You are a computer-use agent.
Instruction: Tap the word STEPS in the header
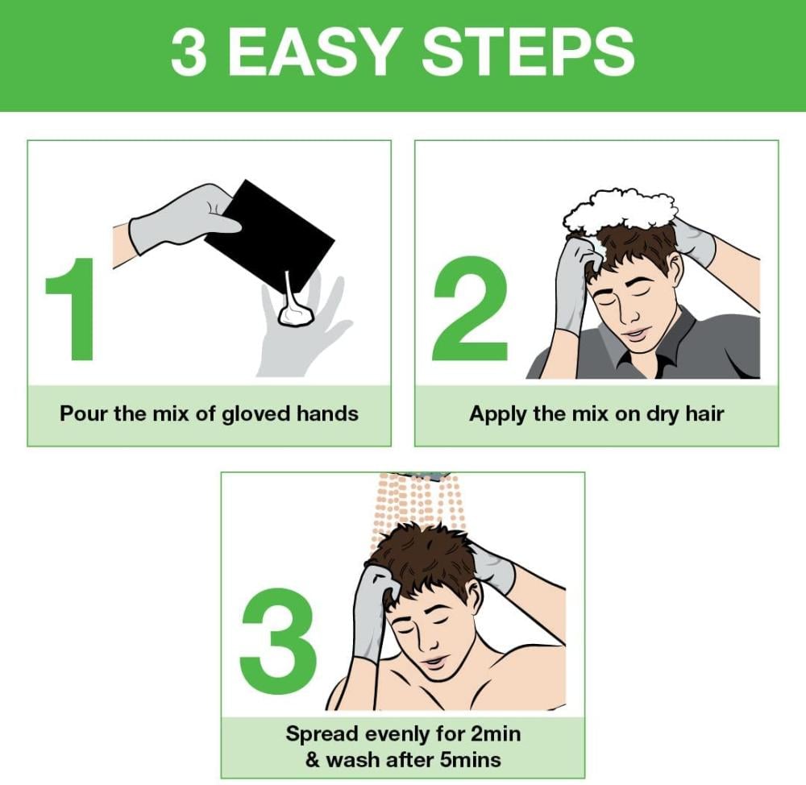coord(528,52)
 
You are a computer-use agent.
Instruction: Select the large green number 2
coord(471,309)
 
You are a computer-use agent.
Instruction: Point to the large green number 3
coord(278,641)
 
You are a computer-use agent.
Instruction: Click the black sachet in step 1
coord(270,235)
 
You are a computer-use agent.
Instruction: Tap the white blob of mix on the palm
coord(295,314)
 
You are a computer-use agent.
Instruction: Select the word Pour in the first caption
coord(84,413)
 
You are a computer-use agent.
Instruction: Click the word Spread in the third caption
coord(322,734)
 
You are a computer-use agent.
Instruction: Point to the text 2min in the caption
coord(496,733)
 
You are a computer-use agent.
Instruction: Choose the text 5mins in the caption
coord(471,759)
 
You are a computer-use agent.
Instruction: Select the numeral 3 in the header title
coord(189,52)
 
